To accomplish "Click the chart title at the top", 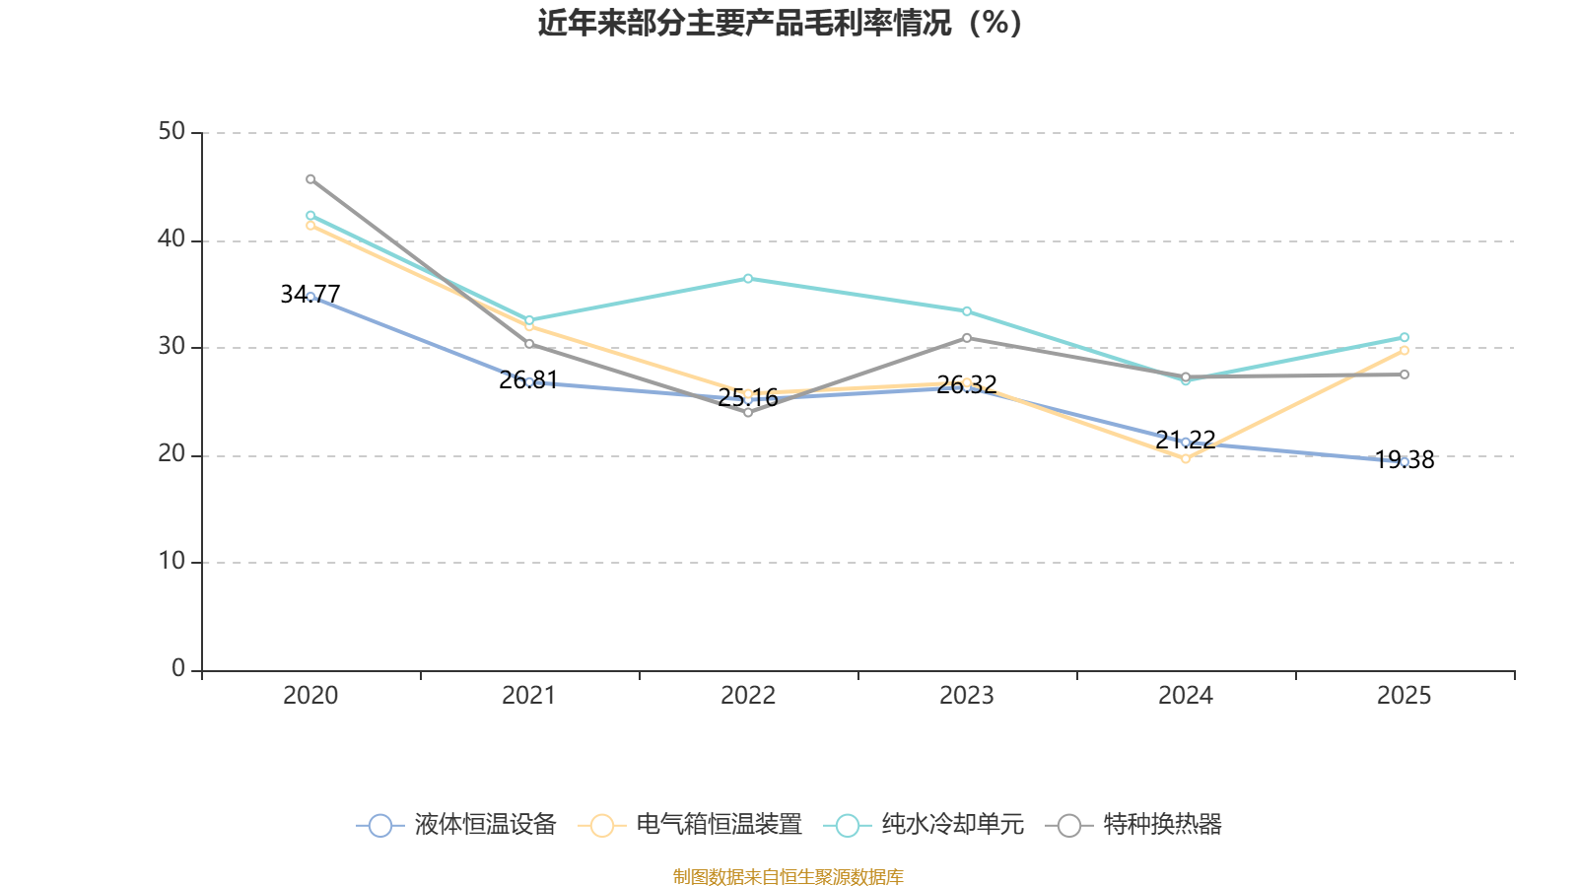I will coord(780,23).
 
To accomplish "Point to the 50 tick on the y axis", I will coord(171,132).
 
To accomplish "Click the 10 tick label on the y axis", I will coord(171,562).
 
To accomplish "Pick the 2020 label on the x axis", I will coord(310,696).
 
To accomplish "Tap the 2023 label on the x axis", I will coord(967,696).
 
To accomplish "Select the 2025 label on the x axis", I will coord(1404,696).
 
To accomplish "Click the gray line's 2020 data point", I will coord(310,179).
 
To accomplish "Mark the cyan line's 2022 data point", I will coord(748,279).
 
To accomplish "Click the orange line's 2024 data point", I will coord(1186,458).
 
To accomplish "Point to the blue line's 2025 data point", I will coord(1405,461).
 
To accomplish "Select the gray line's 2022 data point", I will coord(748,413).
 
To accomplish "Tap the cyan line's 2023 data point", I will coord(967,311).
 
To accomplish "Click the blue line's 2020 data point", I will coord(310,297).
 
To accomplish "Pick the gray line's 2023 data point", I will coord(967,338).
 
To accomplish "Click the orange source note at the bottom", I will coord(788,876).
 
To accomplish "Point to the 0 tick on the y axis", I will coord(178,669).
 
